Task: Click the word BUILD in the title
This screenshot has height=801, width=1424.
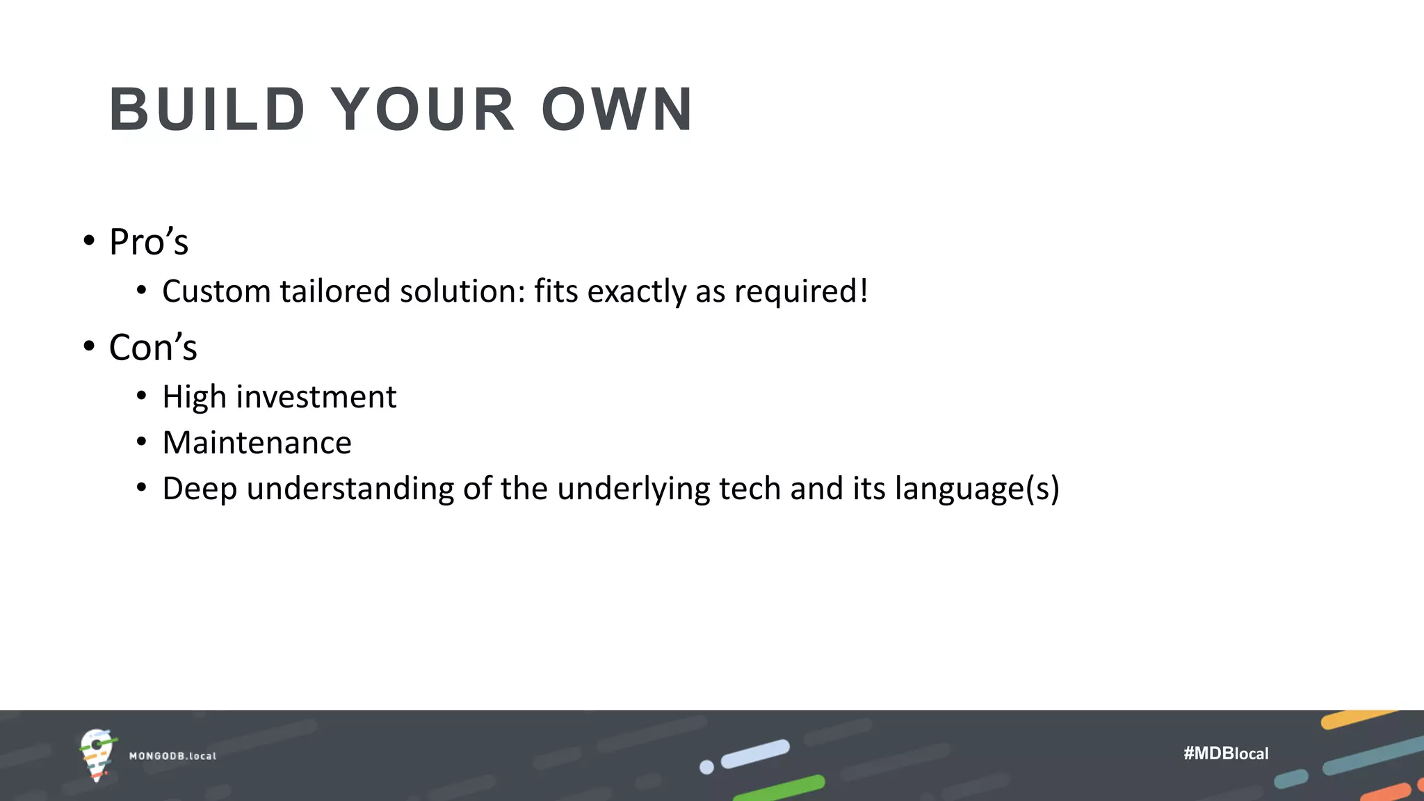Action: tap(207, 109)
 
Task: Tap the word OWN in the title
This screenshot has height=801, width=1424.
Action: tap(617, 109)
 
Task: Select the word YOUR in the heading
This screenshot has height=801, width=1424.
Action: tap(422, 109)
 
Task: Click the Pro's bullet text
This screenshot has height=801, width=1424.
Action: tap(149, 242)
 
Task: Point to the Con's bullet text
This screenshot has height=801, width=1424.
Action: tap(153, 347)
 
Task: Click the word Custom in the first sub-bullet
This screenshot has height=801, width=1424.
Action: tap(216, 291)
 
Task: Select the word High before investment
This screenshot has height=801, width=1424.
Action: tap(194, 397)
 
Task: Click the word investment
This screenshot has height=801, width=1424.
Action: tap(316, 397)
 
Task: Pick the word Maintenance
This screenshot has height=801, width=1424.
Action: tap(257, 443)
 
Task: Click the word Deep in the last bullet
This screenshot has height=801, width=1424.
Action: tap(200, 489)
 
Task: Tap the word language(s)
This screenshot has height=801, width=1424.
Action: tap(977, 489)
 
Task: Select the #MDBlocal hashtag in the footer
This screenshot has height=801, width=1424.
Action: tap(1226, 753)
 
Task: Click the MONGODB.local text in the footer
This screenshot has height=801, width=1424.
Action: tap(172, 756)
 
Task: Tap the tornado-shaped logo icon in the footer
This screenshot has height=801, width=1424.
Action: tap(97, 754)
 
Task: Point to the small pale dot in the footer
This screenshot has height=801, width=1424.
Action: tap(706, 767)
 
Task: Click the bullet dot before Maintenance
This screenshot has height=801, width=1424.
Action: tap(142, 442)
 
